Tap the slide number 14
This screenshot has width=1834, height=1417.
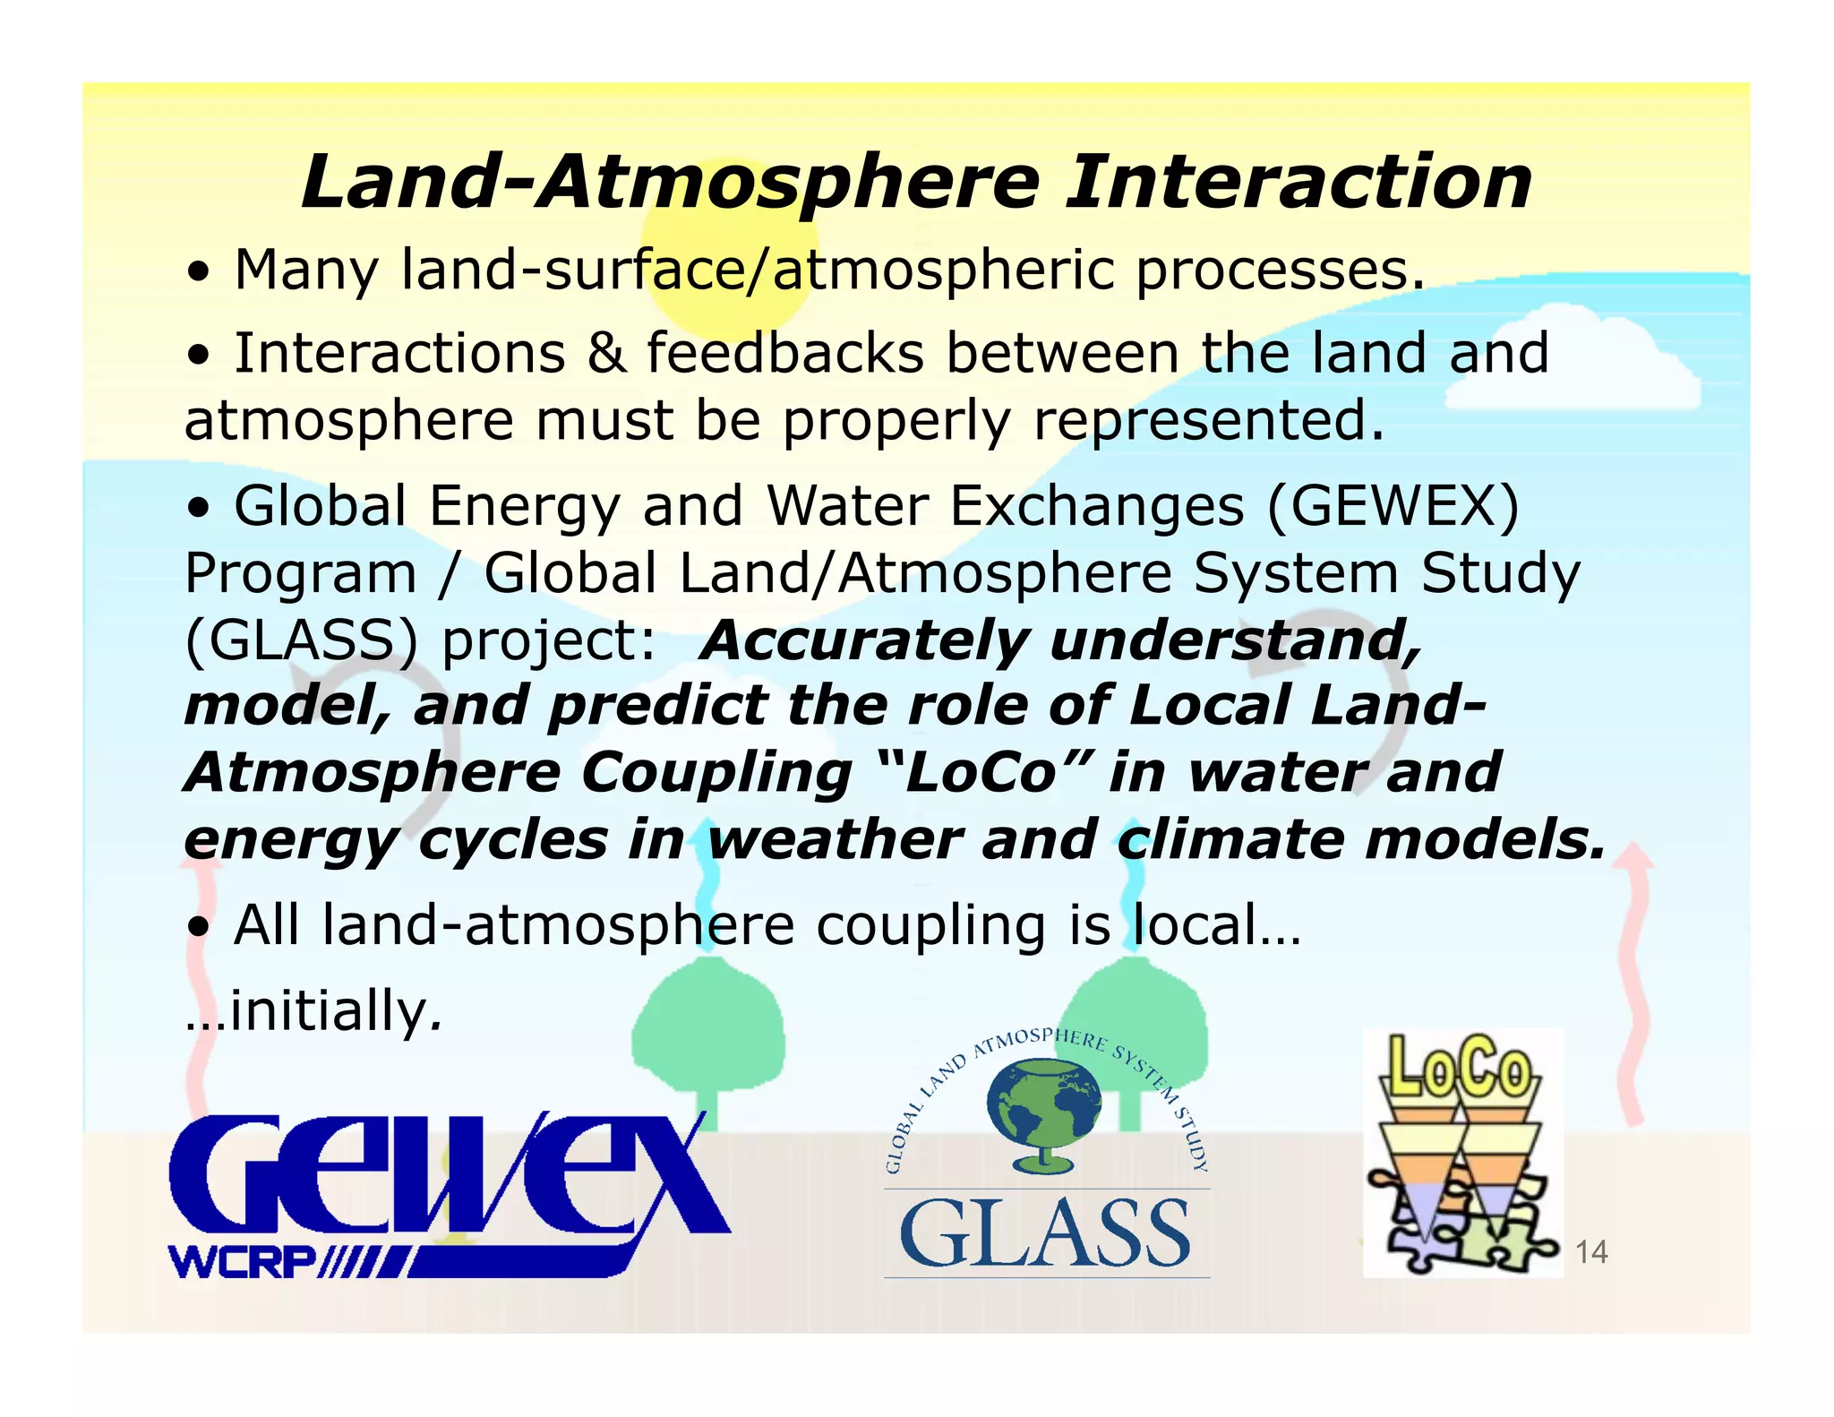1590,1251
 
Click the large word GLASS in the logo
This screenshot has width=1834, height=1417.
1045,1234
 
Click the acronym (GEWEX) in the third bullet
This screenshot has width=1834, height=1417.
1393,506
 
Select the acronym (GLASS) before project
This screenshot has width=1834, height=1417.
301,641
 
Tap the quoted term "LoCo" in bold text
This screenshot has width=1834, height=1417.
981,772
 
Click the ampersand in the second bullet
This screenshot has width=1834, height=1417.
606,353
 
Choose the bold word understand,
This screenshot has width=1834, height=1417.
1235,641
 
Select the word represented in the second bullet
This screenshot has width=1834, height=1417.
1209,421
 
